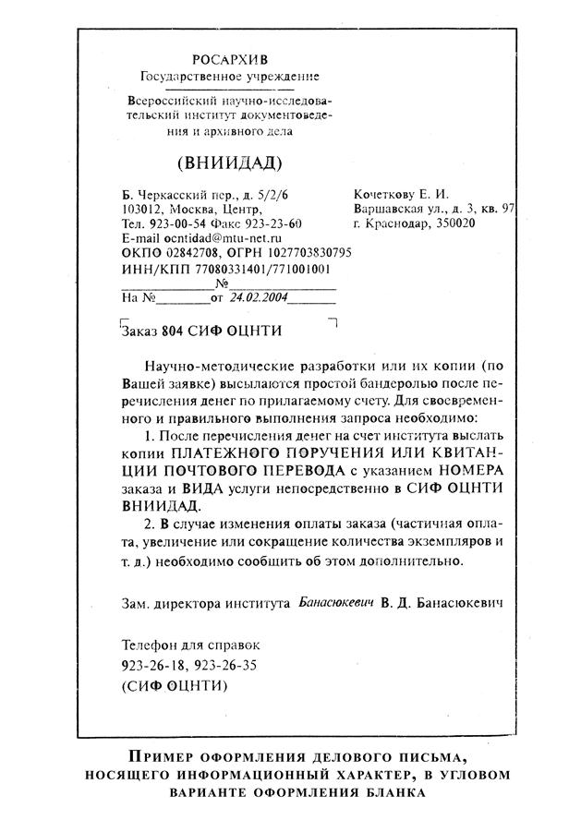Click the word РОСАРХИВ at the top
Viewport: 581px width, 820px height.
[228, 59]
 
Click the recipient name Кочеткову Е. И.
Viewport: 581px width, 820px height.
[401, 194]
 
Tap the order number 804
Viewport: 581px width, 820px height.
[173, 330]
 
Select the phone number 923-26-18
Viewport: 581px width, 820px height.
[151, 664]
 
